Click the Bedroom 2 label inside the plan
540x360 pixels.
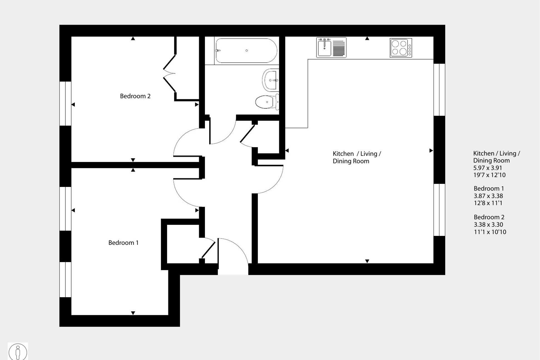pos(135,96)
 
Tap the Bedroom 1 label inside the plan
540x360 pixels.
pos(123,243)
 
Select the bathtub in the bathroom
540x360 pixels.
pos(246,51)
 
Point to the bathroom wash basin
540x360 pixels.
pos(270,80)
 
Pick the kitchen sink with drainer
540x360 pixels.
pos(331,48)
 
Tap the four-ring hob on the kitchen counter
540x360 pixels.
pos(401,48)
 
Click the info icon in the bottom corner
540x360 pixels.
pos(18,352)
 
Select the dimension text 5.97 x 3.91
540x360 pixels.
pos(488,168)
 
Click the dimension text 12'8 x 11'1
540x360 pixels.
pos(488,203)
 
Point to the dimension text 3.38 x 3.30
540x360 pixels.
pos(488,225)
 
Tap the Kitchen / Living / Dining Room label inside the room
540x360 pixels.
pos(357,157)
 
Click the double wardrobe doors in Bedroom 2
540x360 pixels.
pos(169,74)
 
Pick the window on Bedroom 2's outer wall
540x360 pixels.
pos(65,103)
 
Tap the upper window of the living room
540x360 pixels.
pos(439,90)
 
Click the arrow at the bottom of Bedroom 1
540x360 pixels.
pos(133,313)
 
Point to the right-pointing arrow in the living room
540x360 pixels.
pos(431,151)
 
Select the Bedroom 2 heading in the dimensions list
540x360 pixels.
pos(489,217)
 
